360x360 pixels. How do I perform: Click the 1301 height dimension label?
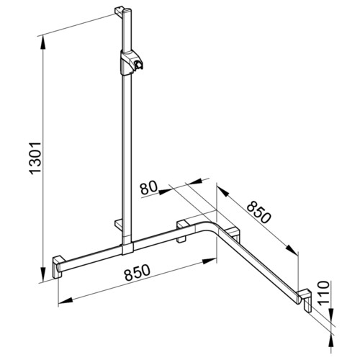35,158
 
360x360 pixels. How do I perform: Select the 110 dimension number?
323,292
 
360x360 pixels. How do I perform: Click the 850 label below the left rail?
138,272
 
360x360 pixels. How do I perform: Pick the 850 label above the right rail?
258,212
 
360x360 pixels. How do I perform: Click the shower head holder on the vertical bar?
131,63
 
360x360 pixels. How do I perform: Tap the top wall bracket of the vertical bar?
120,11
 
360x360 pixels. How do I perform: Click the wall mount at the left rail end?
58,267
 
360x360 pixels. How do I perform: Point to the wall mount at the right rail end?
305,300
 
